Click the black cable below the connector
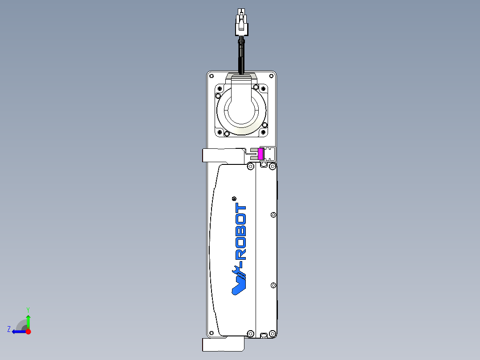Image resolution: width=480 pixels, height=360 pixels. pyautogui.click(x=241, y=56)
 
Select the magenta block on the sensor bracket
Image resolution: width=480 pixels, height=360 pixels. pyautogui.click(x=261, y=154)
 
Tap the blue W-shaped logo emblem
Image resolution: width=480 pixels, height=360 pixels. pyautogui.click(x=240, y=280)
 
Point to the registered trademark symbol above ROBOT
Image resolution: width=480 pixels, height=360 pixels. pyautogui.click(x=235, y=199)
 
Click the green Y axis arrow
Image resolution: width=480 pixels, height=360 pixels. pyautogui.click(x=28, y=320)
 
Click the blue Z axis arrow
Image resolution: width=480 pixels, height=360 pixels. pyautogui.click(x=18, y=331)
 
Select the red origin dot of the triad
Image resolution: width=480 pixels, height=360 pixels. pyautogui.click(x=28, y=331)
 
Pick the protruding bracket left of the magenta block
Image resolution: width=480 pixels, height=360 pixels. pyautogui.click(x=223, y=155)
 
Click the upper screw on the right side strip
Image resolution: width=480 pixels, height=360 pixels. pyautogui.click(x=273, y=215)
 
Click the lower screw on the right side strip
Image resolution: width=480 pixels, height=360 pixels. pyautogui.click(x=273, y=285)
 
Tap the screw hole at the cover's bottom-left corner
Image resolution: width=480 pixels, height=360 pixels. pyautogui.click(x=212, y=333)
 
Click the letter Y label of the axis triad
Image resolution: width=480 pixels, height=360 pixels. pyautogui.click(x=28, y=309)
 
